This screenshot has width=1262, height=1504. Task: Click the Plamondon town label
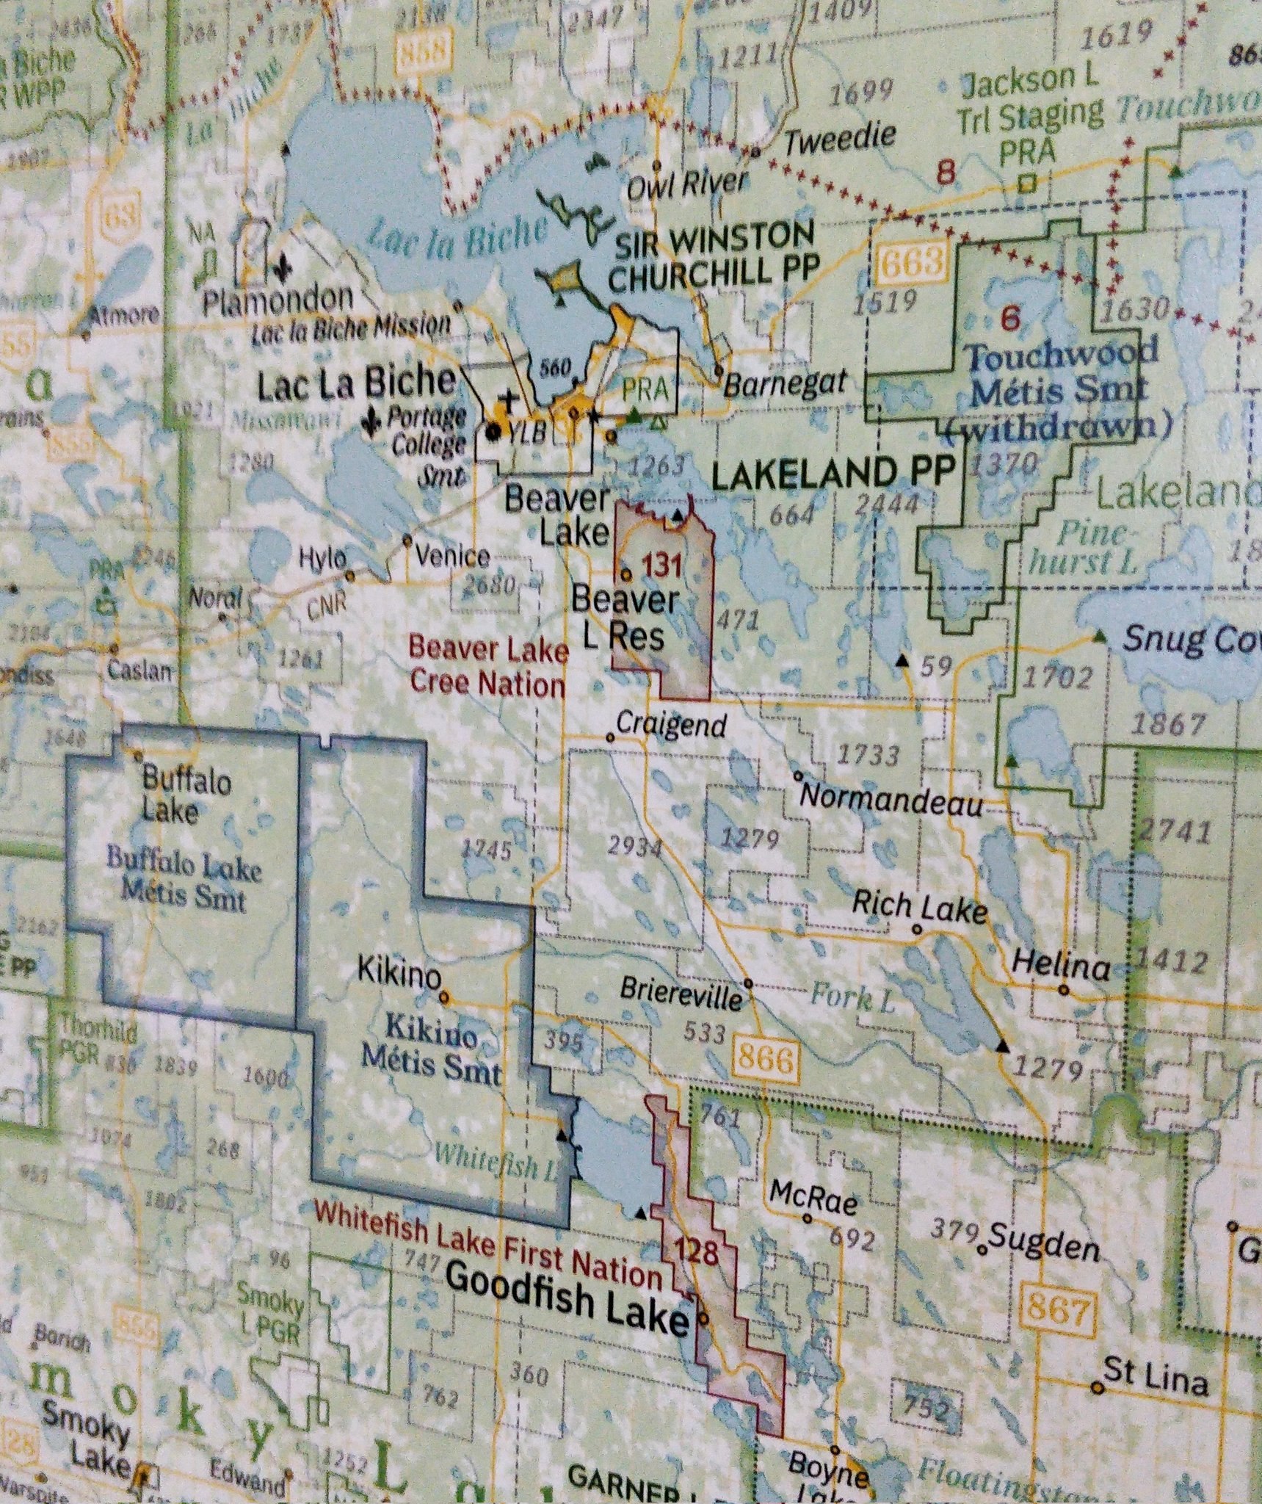[278, 300]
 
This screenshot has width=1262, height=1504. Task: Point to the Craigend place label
[671, 725]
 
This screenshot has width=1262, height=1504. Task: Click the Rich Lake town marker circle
[916, 929]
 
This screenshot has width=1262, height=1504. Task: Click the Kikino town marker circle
[444, 997]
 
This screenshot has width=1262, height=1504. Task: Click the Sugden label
[1043, 1248]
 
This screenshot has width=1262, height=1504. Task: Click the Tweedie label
[840, 138]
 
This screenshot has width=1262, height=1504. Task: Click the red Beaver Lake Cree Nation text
[488, 667]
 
